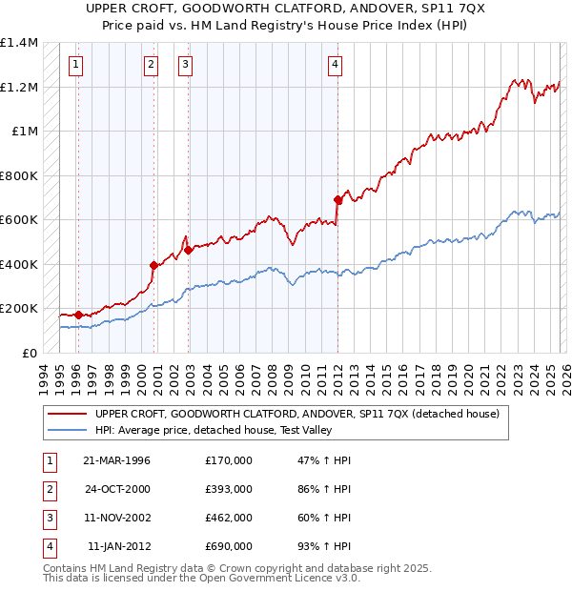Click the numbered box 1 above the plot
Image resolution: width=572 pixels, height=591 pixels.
coord(75,65)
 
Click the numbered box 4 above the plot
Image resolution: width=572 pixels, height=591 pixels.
coord(336,65)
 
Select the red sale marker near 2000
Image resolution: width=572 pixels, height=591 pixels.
coord(153,265)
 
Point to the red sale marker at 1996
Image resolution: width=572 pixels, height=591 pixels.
coord(77,315)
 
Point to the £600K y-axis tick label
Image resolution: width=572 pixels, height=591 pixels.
coord(19,220)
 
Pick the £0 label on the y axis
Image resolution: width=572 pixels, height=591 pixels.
coord(30,353)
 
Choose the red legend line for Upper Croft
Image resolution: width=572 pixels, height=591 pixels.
coord(67,414)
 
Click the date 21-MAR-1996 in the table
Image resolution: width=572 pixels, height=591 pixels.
coord(117,460)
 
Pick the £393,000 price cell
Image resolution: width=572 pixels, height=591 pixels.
coord(229,489)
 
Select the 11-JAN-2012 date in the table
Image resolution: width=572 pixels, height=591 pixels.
coord(119,546)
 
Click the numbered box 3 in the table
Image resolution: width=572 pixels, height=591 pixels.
coord(48,518)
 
